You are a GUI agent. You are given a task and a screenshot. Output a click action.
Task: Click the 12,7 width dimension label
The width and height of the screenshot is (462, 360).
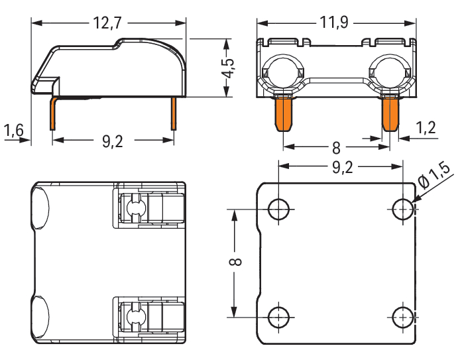tap(108, 24)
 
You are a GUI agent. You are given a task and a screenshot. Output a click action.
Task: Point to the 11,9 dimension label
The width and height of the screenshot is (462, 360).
tap(335, 24)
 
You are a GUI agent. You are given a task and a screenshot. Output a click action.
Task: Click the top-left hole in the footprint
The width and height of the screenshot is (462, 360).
tap(278, 210)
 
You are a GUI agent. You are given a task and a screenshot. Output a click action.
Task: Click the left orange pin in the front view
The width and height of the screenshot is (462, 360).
tap(284, 114)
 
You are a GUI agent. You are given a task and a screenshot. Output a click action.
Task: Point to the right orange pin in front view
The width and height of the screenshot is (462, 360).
tap(390, 114)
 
